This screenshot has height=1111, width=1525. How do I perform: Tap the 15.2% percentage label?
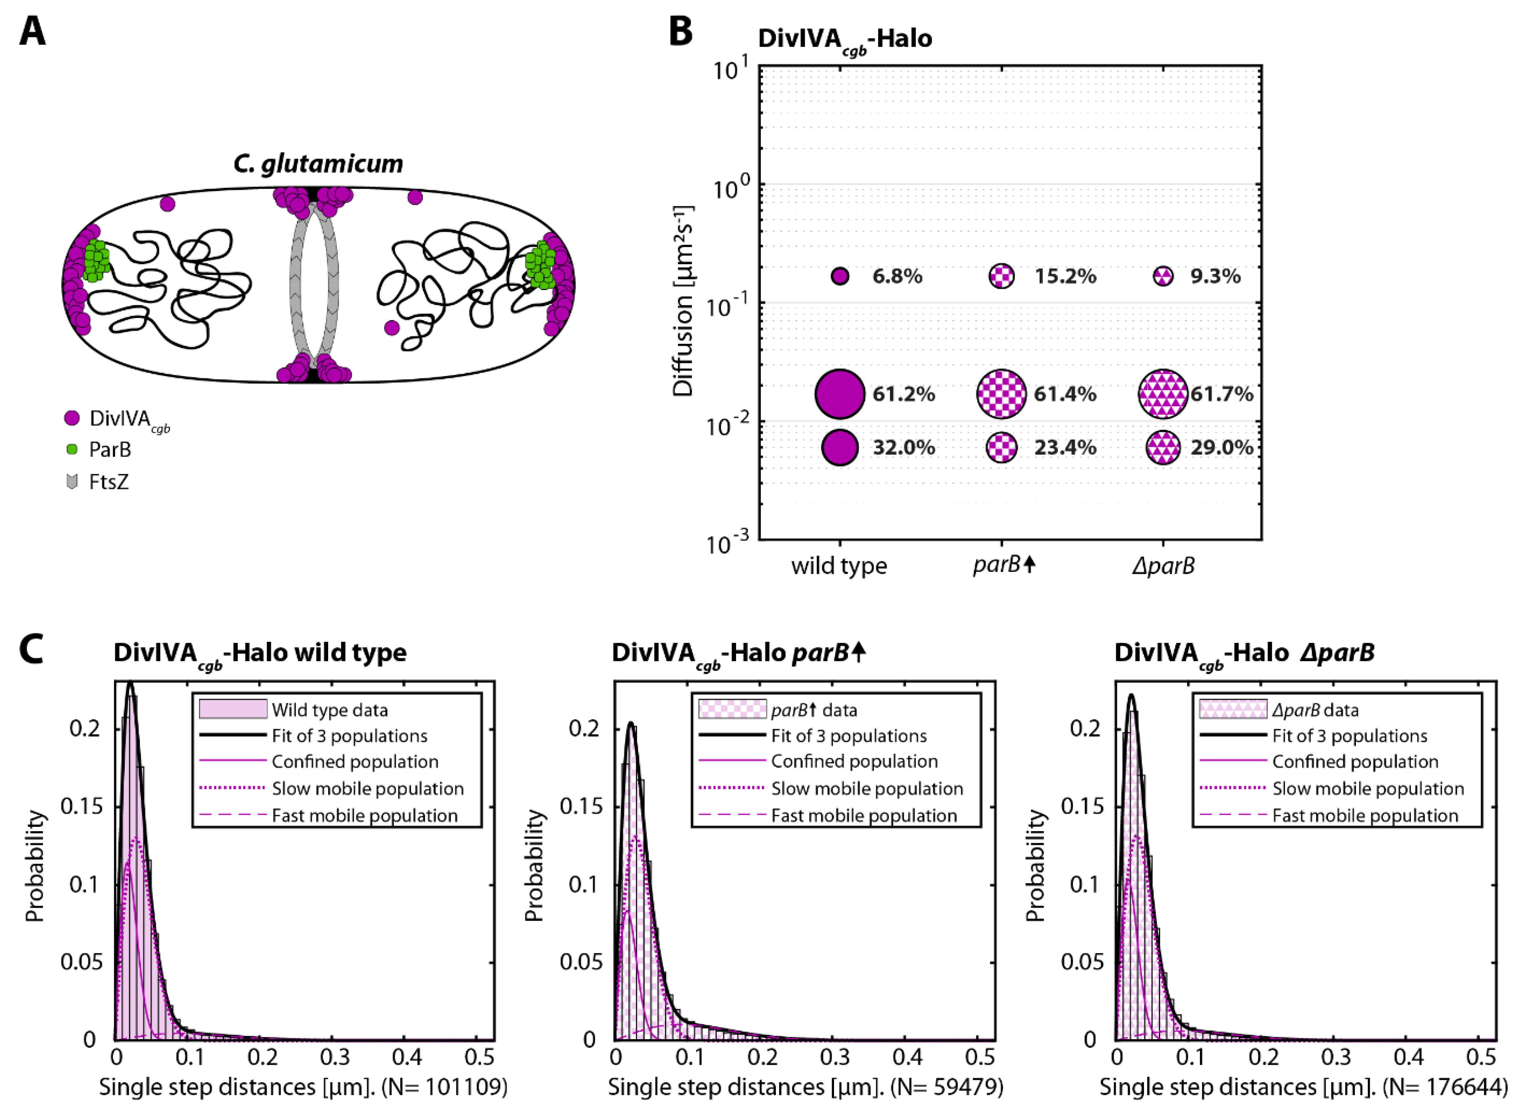click(1065, 276)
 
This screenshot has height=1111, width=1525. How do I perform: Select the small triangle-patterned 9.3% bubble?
click(1163, 276)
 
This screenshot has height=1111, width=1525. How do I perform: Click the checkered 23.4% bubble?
click(1002, 447)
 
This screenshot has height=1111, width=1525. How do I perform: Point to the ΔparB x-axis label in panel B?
click(1163, 566)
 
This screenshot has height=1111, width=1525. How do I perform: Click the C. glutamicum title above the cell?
click(318, 163)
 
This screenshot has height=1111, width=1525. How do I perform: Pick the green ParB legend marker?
click(72, 449)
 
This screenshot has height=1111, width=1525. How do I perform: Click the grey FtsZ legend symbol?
click(72, 481)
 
